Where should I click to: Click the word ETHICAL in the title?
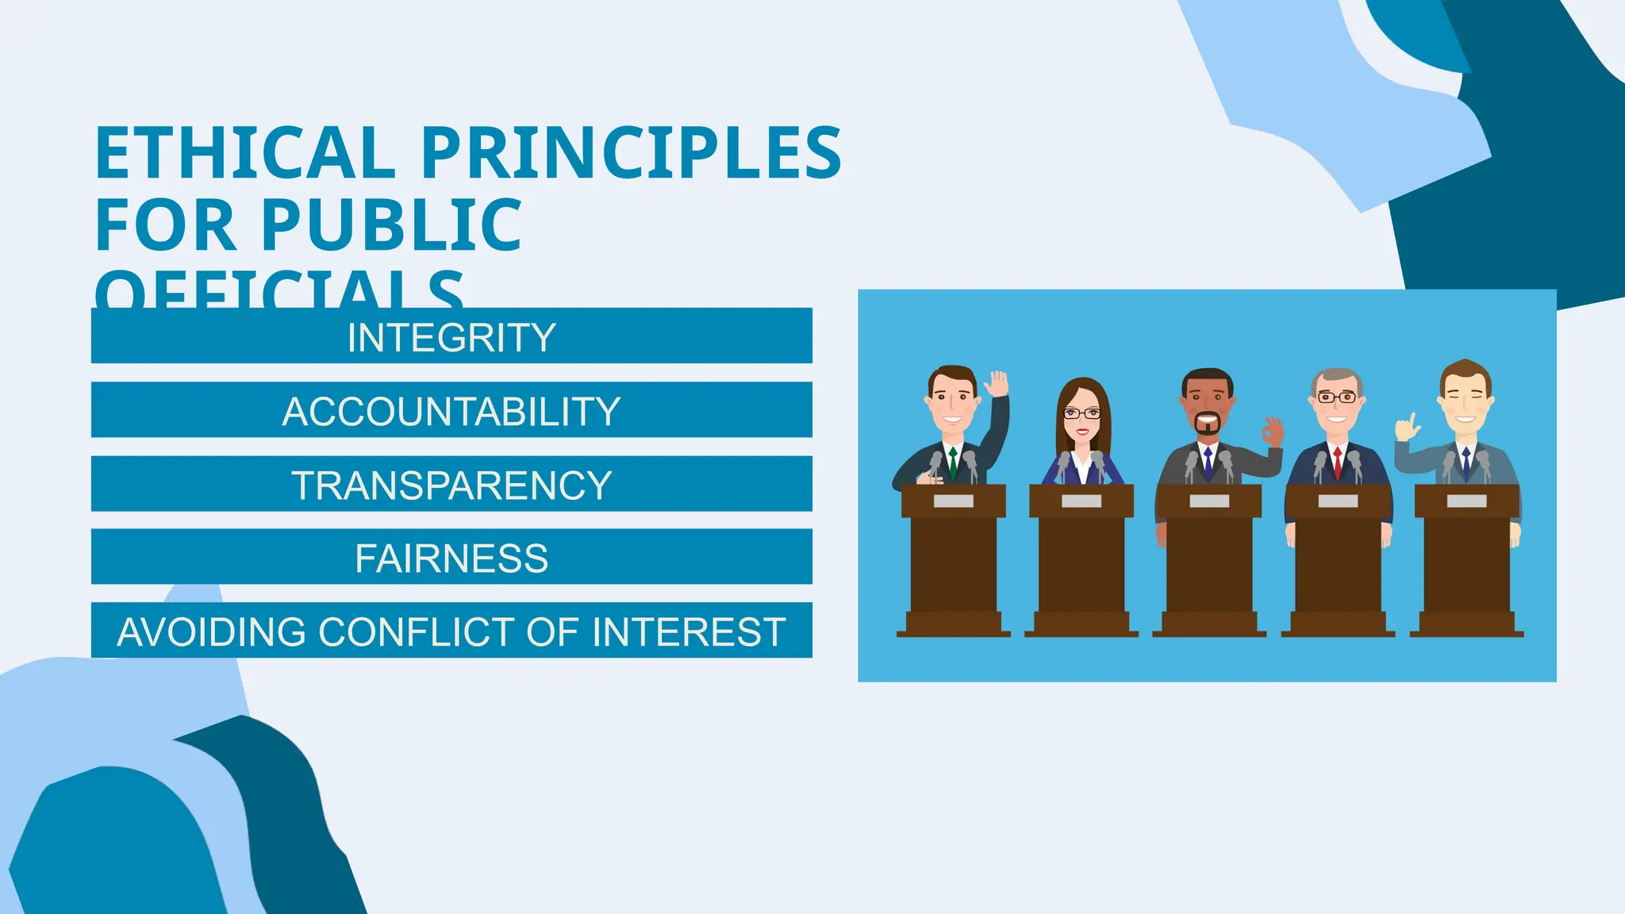pyautogui.click(x=244, y=152)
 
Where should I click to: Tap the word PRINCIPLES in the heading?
pyautogui.click(x=631, y=152)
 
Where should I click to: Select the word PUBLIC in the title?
pyautogui.click(x=391, y=225)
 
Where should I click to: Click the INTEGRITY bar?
pyautogui.click(x=451, y=336)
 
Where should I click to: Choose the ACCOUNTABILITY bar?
pyautogui.click(x=451, y=410)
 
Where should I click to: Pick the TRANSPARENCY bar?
pyautogui.click(x=451, y=484)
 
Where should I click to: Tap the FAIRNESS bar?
pyautogui.click(x=451, y=557)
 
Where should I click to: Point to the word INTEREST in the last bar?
pyautogui.click(x=689, y=632)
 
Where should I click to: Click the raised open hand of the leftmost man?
pyautogui.click(x=997, y=384)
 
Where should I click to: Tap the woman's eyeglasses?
pyautogui.click(x=1081, y=413)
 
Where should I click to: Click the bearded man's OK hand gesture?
pyautogui.click(x=1273, y=431)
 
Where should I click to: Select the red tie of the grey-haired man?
pyautogui.click(x=1337, y=463)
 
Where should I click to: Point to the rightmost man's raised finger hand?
pyautogui.click(x=1407, y=428)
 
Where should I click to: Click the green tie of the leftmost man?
pyautogui.click(x=953, y=462)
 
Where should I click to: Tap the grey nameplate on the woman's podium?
pyautogui.click(x=1081, y=501)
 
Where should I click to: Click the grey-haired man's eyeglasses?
pyautogui.click(x=1337, y=397)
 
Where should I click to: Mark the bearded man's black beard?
pyautogui.click(x=1208, y=425)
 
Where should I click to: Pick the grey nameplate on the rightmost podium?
pyautogui.click(x=1466, y=501)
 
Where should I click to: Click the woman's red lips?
pyautogui.click(x=1081, y=431)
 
